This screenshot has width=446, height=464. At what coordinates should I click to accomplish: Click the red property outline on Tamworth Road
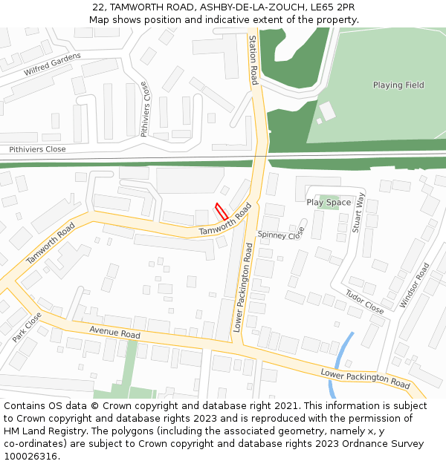[x=221, y=211]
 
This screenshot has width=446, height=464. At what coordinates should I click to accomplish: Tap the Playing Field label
[x=398, y=85]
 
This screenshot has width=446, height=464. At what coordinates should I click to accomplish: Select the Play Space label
[x=329, y=203]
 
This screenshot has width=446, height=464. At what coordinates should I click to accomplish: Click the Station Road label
[x=253, y=60]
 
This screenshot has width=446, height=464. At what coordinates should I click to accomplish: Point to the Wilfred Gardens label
[x=52, y=64]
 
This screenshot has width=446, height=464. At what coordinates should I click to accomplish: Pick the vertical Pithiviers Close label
[x=145, y=110]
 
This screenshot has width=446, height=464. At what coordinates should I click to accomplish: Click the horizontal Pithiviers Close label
[x=37, y=149]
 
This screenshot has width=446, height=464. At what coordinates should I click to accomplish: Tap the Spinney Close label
[x=281, y=235]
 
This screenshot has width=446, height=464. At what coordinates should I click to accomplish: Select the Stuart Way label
[x=359, y=213]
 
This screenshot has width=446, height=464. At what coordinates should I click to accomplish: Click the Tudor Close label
[x=364, y=301]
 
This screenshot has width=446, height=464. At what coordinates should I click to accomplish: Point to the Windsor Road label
[x=414, y=286]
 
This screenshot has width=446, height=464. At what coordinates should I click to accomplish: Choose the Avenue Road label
[x=114, y=334]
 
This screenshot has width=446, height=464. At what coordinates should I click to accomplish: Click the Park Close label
[x=27, y=327]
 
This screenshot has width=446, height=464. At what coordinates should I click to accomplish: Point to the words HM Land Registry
[x=37, y=431]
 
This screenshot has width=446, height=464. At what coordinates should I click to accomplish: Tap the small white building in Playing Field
[x=326, y=111]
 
